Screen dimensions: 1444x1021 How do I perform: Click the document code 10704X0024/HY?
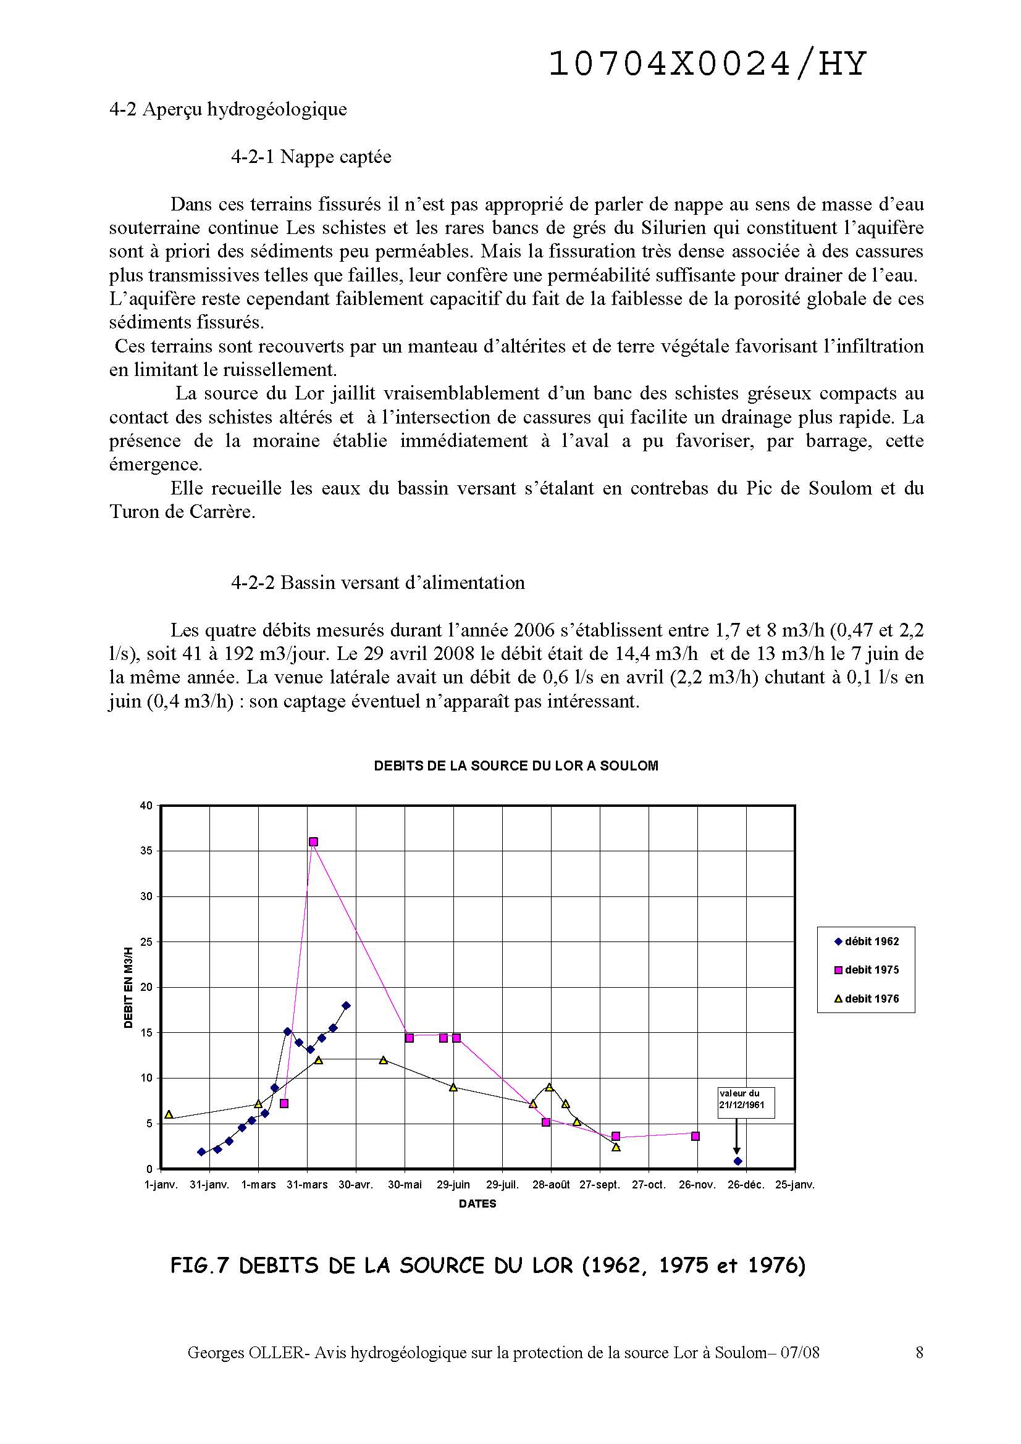[707, 64]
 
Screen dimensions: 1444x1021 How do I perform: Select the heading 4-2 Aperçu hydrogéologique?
[228, 109]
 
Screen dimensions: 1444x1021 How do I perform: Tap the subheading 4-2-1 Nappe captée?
[311, 157]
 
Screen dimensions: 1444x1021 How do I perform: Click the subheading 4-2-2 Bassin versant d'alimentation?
[377, 582]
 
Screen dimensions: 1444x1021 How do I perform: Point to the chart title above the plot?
[516, 766]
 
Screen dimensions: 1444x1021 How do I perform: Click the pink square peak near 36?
[313, 841]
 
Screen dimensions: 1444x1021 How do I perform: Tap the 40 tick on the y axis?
[146, 806]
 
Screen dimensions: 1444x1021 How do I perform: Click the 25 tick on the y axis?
[146, 942]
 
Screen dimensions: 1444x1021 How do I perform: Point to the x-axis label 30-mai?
[405, 1185]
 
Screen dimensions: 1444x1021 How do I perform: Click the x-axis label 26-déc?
[747, 1185]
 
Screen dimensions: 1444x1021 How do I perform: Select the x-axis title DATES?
[477, 1204]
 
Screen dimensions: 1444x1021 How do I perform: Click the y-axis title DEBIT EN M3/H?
[129, 987]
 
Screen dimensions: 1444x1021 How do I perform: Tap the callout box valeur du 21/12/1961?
[746, 1103]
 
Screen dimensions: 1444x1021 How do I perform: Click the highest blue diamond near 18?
[346, 1006]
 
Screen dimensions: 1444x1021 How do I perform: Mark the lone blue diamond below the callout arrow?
[738, 1161]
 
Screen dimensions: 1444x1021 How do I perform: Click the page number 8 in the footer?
[920, 1353]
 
